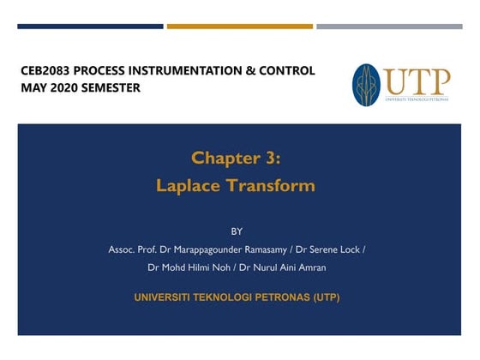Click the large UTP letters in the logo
click(417, 82)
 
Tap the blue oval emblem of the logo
click(366, 85)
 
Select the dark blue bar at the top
click(90, 27)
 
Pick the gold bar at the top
click(239, 27)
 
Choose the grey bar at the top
click(389, 27)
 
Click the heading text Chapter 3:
click(236, 158)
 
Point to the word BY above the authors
click(237, 231)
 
